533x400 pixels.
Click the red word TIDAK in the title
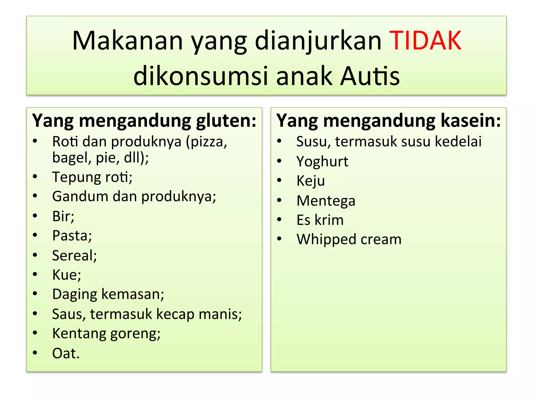(425, 41)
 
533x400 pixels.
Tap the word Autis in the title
(370, 76)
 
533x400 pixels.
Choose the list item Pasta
(72, 236)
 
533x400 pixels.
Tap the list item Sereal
(74, 255)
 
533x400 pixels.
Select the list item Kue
(67, 275)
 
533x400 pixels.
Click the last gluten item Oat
(66, 354)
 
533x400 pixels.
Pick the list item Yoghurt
(322, 162)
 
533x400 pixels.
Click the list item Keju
(311, 181)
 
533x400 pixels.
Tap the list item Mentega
(326, 201)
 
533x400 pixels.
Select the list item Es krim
(320, 220)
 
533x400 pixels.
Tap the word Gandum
(80, 196)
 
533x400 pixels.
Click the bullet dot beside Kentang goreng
(35, 333)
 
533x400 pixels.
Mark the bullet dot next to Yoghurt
(279, 161)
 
